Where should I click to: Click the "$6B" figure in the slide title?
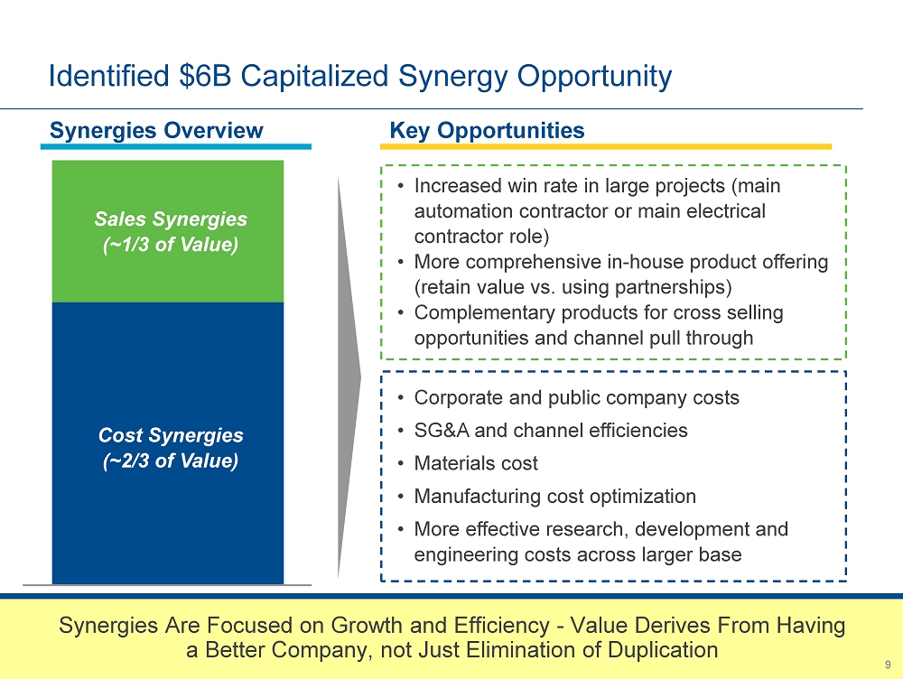(205, 76)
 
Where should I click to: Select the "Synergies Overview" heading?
(156, 131)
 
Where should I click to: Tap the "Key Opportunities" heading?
(488, 131)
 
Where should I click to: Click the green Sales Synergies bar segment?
(168, 231)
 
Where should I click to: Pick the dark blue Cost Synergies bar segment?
(168, 443)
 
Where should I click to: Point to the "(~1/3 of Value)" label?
(171, 244)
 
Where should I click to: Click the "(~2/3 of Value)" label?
(171, 460)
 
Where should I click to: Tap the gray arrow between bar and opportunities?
(349, 377)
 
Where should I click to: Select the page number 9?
(888, 665)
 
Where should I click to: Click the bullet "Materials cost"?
(476, 463)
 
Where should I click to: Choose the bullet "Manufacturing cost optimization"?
(555, 497)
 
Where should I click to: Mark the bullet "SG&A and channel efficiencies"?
(551, 430)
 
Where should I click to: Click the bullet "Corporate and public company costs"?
(576, 397)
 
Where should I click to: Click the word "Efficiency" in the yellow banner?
(501, 626)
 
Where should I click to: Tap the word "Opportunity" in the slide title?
(594, 77)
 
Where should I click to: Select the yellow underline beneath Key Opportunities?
(606, 147)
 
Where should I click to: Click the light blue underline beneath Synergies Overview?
(176, 147)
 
